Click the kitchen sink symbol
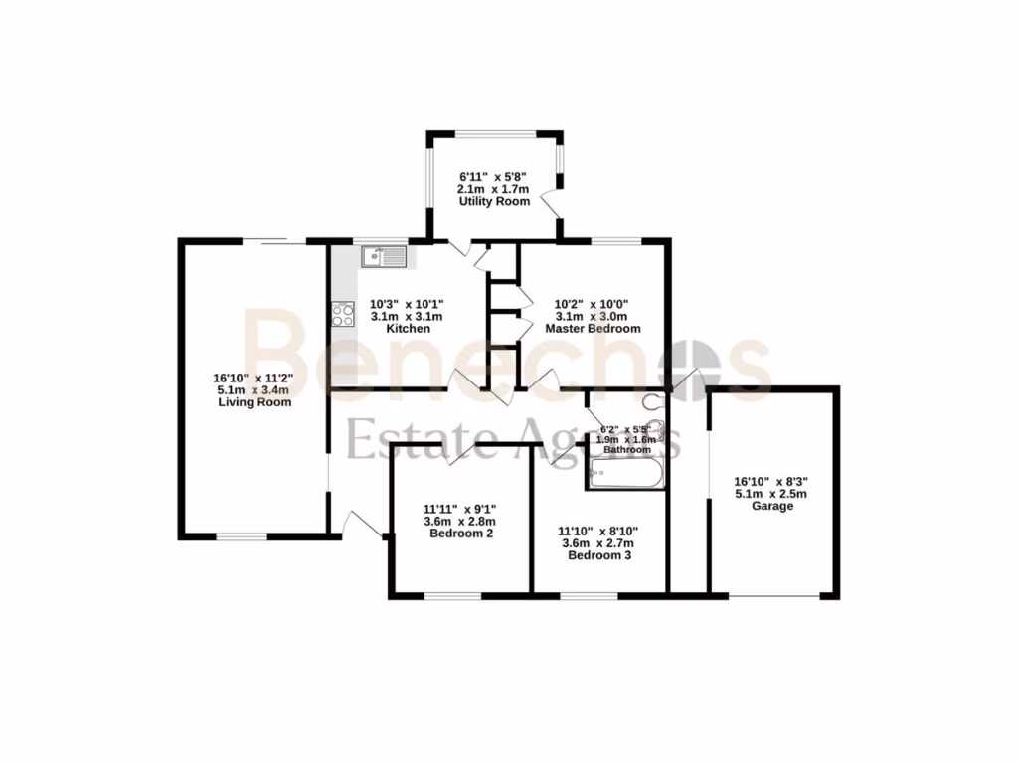[384, 257]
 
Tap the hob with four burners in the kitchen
[343, 315]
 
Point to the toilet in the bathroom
[653, 402]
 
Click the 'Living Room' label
[254, 402]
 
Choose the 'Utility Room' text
[494, 202]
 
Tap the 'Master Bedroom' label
[593, 328]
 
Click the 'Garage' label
[772, 506]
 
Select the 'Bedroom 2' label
[460, 534]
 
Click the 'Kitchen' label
[408, 328]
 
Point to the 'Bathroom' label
[627, 450]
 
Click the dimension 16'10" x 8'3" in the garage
[772, 479]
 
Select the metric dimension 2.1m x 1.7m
[494, 189]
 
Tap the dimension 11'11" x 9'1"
[460, 507]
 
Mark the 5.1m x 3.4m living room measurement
[254, 390]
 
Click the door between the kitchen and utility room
[458, 248]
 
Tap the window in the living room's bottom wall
[242, 536]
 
